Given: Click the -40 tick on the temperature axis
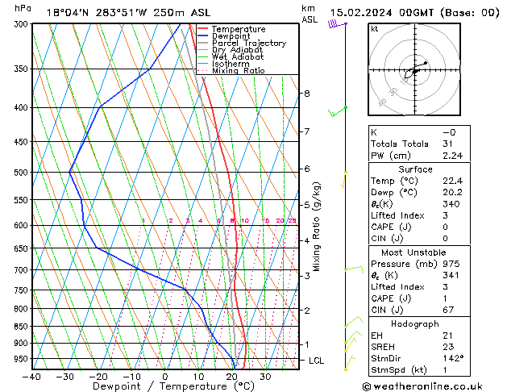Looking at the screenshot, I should [32, 376].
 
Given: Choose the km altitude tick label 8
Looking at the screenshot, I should [306, 94].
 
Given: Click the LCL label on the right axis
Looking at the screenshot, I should [316, 361].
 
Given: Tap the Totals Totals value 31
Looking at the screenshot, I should [447, 144].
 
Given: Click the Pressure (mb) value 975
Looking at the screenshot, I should [450, 264].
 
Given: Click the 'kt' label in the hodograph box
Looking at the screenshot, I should [375, 28].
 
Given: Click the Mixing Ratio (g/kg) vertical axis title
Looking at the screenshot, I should [317, 227].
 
